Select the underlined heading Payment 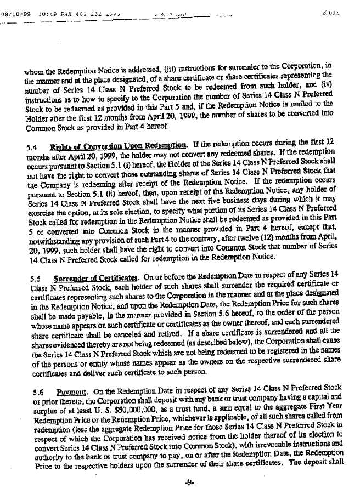(69, 377)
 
